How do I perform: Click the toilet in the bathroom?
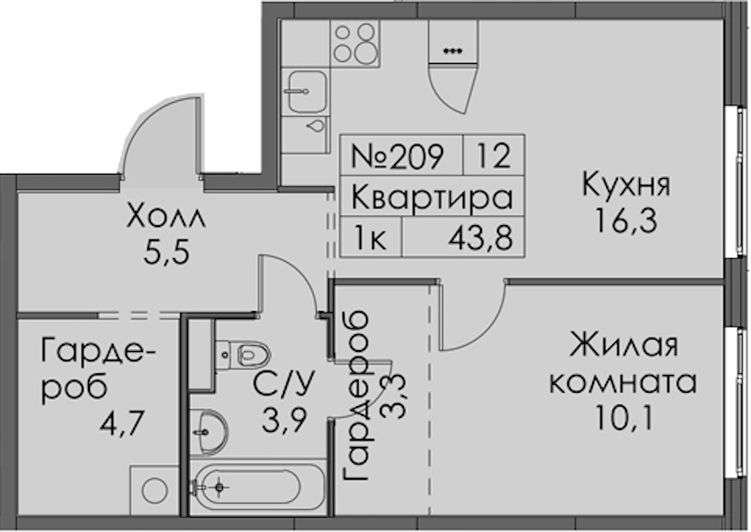coord(243,356)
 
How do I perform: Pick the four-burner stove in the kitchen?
coord(354,43)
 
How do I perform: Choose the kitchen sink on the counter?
coord(305,92)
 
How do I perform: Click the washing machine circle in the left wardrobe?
coord(154,489)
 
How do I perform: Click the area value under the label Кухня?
coord(626,222)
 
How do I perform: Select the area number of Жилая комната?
coord(623,418)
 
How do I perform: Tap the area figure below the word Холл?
coord(166,253)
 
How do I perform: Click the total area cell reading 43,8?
coord(480,238)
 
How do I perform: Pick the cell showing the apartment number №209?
coord(401,155)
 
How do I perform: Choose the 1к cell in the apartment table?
coord(371,238)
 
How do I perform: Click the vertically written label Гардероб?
coord(356,396)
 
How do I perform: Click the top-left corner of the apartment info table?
coord(341,136)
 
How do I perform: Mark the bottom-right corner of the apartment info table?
coord(525,257)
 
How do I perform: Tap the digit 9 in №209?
coord(434,156)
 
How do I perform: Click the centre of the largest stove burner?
coord(366,51)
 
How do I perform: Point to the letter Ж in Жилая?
coord(583,346)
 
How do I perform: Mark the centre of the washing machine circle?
coord(154,489)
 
